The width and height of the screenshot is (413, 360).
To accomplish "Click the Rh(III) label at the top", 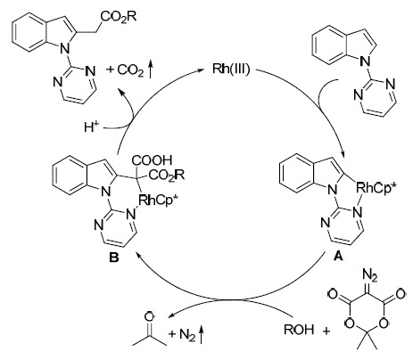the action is (x=231, y=70).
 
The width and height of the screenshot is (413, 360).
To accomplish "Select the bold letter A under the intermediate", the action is (x=338, y=256).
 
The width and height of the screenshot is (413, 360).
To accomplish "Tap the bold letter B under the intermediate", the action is (x=113, y=258).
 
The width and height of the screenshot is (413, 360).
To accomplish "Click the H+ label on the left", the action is (x=91, y=127).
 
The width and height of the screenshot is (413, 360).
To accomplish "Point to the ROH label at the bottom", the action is (x=299, y=330).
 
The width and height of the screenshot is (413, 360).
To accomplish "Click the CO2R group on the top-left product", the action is (x=119, y=16).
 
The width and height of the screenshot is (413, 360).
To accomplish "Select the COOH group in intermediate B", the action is (x=152, y=160).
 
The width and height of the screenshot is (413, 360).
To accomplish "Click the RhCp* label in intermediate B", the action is (x=158, y=200).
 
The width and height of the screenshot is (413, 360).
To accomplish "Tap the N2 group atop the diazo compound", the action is (x=370, y=275).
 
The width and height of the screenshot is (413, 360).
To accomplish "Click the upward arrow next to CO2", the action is (x=151, y=69).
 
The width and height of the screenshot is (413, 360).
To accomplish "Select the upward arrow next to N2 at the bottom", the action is (x=202, y=334).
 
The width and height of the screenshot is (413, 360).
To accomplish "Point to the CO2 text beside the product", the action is (x=131, y=70).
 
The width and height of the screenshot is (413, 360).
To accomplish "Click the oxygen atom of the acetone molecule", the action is (x=149, y=315).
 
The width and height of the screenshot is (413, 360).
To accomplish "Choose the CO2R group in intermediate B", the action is (x=167, y=175).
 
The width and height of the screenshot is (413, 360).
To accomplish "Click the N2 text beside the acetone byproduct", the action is (x=187, y=335).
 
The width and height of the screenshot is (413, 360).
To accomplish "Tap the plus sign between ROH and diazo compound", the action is (x=326, y=331).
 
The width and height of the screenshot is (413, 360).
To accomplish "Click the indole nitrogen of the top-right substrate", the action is (x=366, y=61).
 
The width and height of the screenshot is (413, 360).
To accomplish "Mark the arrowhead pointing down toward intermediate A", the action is (x=343, y=154).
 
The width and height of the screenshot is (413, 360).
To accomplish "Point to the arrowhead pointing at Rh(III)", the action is (x=204, y=70).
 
